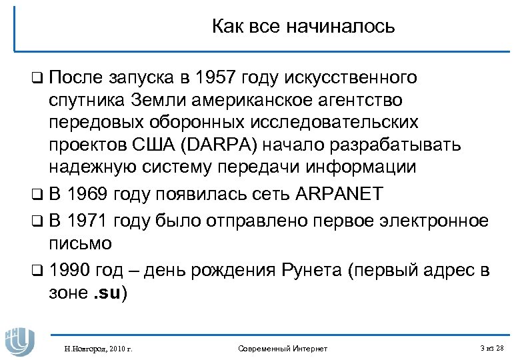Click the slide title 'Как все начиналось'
click(303, 27)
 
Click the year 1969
click(87, 195)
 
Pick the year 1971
click(87, 221)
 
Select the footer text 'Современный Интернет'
click(282, 348)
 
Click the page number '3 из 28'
click(492, 348)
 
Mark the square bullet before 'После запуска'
click(37, 79)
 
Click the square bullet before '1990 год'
click(37, 271)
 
